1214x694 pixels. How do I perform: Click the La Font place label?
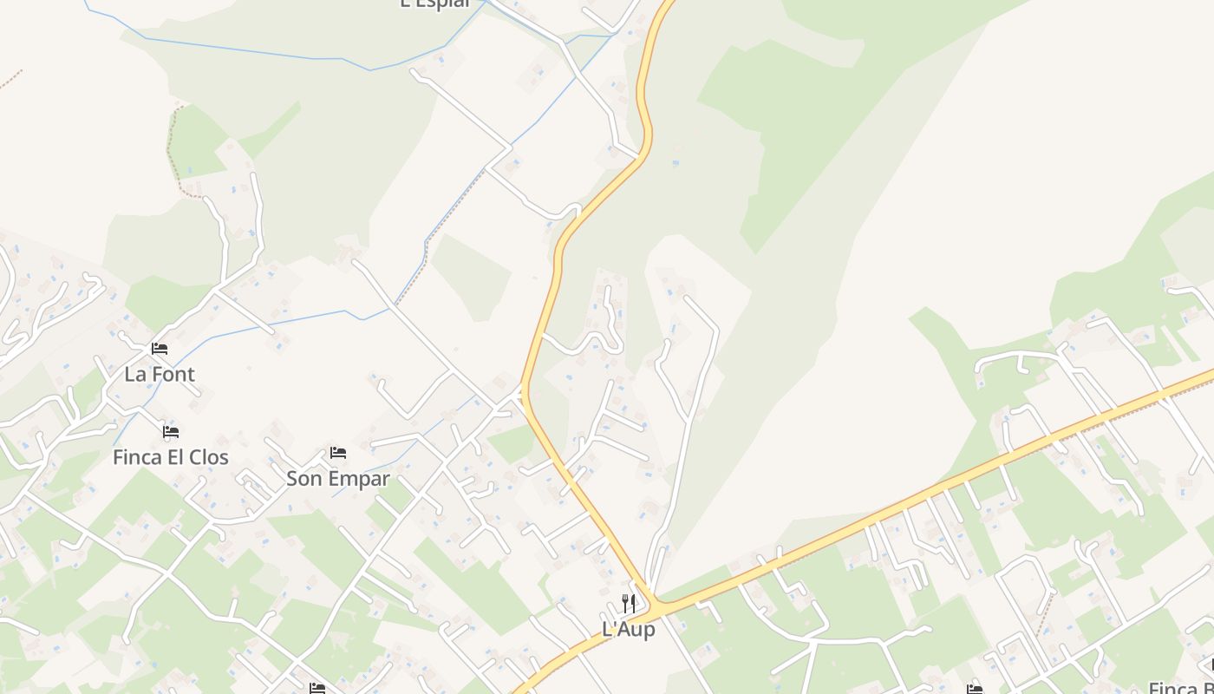click(x=160, y=374)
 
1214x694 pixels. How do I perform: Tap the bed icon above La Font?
click(x=160, y=349)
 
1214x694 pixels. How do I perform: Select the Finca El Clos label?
click(x=171, y=457)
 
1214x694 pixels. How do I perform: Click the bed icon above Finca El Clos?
click(x=171, y=431)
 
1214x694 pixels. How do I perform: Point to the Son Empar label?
click(x=338, y=478)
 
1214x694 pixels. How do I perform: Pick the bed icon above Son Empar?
click(x=338, y=453)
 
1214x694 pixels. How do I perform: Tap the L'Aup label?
click(x=629, y=629)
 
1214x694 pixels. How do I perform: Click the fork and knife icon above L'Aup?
click(x=629, y=603)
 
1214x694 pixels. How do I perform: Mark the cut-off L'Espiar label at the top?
click(x=435, y=3)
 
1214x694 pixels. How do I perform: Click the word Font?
click(x=173, y=374)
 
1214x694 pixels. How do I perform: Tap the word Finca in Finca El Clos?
click(x=137, y=457)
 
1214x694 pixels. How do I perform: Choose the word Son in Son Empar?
click(x=303, y=478)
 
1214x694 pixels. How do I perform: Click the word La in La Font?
click(x=135, y=374)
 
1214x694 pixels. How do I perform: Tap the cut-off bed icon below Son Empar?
click(x=317, y=689)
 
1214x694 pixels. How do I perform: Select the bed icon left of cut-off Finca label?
click(x=975, y=689)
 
